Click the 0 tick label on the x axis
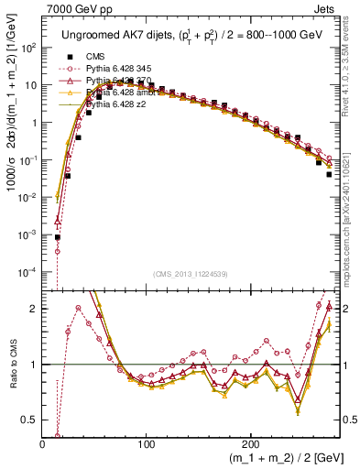tap(43, 443)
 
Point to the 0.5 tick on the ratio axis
tap(29, 420)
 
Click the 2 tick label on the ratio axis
tap(34, 309)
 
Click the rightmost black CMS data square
tap(329, 174)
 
